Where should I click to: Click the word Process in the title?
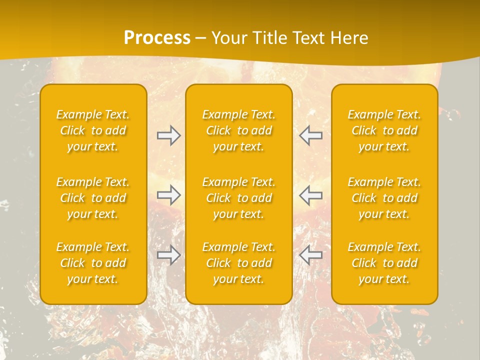(157, 38)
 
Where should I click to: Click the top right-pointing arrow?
(168, 135)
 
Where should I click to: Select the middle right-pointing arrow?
(168, 195)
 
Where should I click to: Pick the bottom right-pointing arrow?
(168, 255)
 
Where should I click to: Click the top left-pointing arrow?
(310, 135)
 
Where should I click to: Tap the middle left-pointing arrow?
(310, 195)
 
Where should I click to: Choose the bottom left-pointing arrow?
(310, 255)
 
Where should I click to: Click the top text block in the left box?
(93, 130)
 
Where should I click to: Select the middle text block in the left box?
(93, 198)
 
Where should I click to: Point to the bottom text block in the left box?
(93, 263)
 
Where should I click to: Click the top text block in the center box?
(239, 130)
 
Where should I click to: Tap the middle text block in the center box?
(239, 198)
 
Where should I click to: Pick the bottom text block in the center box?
(239, 263)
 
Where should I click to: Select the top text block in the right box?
(384, 130)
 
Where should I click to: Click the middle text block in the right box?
(384, 198)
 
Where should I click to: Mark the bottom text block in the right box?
(384, 263)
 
